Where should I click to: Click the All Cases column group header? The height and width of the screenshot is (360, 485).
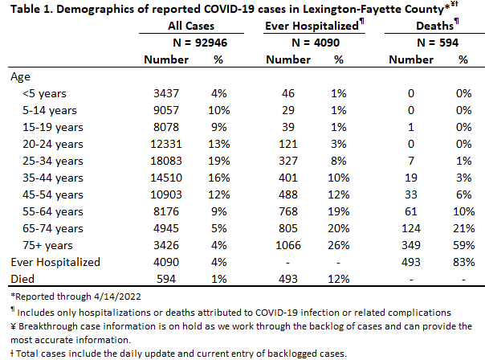(191, 26)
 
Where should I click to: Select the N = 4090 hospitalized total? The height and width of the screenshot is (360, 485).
(316, 43)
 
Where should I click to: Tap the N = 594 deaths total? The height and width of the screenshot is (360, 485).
(438, 43)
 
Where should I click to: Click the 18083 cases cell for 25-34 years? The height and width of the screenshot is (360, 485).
(166, 161)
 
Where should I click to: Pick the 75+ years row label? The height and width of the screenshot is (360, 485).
(47, 245)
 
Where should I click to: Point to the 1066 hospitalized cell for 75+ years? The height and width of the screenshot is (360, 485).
(288, 245)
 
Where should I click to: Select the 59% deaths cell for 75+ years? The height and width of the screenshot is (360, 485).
(463, 245)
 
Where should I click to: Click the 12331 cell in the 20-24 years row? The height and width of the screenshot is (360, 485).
(166, 144)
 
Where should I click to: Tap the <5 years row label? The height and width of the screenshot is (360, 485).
(44, 93)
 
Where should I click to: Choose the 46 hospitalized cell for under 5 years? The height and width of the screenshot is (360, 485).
(288, 93)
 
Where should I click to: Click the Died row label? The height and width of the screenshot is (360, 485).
(22, 279)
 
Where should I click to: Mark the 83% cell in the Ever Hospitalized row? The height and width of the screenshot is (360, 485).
(463, 262)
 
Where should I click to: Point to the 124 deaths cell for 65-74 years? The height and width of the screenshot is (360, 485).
(411, 228)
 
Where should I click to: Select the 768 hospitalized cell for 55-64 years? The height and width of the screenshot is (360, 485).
(288, 211)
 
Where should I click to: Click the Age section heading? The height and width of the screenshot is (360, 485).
(20, 77)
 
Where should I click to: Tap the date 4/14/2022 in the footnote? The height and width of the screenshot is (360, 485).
(117, 297)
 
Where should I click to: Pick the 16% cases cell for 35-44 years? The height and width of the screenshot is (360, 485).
(218, 178)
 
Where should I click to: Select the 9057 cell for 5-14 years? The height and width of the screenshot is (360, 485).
(166, 110)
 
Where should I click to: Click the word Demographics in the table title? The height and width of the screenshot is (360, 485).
(95, 10)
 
